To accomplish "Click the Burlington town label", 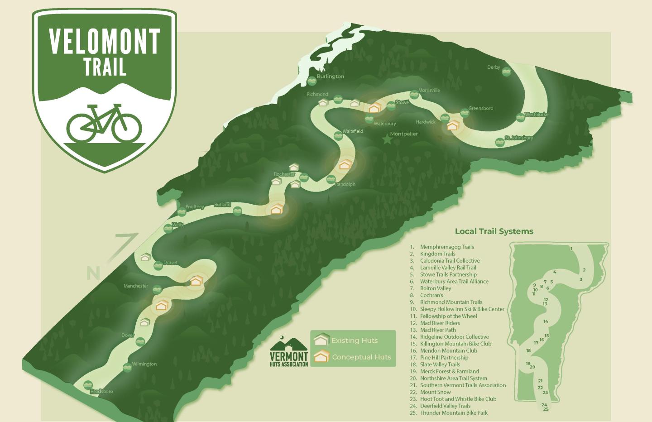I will [330, 76].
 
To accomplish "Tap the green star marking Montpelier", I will [387, 139].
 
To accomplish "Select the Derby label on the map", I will [494, 67].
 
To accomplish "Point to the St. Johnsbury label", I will [519, 138].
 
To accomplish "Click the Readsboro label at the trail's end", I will [101, 391].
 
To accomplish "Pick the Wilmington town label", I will [144, 364].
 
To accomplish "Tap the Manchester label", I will [136, 286].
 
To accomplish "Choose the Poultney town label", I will [195, 207].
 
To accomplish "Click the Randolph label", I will [345, 184].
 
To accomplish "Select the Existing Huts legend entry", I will [354, 340].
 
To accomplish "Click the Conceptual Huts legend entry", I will [361, 357].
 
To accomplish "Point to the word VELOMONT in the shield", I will [105, 42].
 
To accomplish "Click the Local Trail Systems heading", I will [494, 231].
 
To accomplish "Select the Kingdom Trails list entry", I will [437, 254].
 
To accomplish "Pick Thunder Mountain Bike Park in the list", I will [454, 412].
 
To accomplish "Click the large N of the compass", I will [93, 273].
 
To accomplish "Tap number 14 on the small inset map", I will [546, 321].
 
